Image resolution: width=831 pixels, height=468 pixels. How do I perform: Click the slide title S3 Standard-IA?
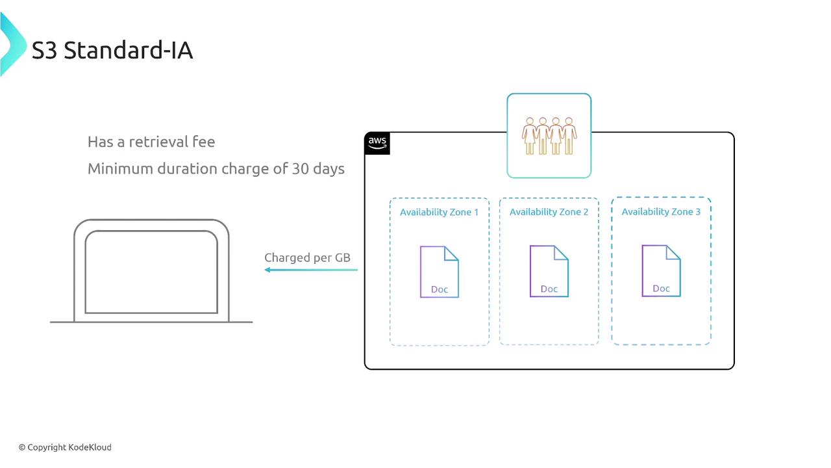point(112,51)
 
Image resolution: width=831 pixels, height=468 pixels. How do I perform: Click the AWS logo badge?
point(377,143)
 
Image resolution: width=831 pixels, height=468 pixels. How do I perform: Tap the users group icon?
point(549,135)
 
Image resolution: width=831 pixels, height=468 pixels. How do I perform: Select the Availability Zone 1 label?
point(439,213)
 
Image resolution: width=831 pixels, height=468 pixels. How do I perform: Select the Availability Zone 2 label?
point(549,213)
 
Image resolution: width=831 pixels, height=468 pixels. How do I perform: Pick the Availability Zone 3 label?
point(661,212)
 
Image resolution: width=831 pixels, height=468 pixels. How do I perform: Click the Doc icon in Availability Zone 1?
point(440,272)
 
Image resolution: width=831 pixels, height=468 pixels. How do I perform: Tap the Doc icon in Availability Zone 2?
point(549,271)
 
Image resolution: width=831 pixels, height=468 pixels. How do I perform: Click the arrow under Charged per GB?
point(311,270)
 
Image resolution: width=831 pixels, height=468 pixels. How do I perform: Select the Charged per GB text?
point(307,258)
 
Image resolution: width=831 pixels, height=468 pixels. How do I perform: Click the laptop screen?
point(151,272)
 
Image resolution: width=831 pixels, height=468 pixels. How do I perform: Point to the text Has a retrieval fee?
point(151,142)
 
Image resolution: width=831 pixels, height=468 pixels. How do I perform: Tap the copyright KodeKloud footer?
point(65,447)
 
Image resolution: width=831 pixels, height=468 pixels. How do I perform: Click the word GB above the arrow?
point(342,258)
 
